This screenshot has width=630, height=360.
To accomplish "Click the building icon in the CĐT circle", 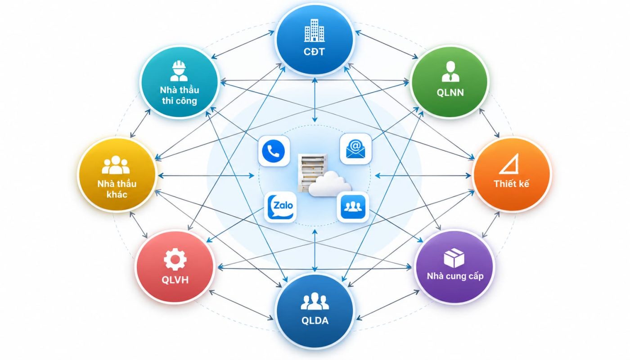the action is point(315,31).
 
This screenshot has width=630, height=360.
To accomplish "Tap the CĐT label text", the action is point(314,52).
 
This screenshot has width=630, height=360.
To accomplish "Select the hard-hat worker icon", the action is point(179,71).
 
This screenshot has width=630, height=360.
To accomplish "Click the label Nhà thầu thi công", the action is point(180,95).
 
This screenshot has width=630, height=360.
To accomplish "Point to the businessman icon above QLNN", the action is point(450,72).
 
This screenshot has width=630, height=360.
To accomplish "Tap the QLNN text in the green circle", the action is point(450,93).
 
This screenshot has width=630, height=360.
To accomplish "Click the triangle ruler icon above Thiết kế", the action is point(509,164).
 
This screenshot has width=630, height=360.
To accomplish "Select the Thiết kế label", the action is point(511,184).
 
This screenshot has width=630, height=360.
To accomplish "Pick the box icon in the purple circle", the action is point(454,258).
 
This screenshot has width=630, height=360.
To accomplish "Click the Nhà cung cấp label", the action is point(455,276).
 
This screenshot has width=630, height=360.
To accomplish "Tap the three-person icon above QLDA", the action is point(315,301).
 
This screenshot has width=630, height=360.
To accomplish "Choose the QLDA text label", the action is point(315,320).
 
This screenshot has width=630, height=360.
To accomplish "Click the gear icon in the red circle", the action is point(175,259).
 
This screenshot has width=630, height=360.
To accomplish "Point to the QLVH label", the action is point(175,280).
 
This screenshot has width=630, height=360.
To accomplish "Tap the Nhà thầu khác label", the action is point(117,189).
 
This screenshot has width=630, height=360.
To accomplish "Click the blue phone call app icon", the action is point(274,151).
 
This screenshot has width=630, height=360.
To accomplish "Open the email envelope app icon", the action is point(355,149).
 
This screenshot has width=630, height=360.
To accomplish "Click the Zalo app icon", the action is point(280,207).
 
